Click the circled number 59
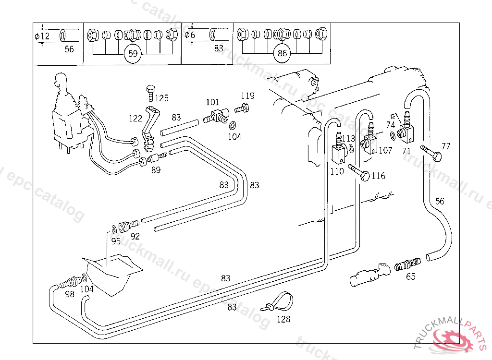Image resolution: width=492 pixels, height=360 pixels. coord(133,53)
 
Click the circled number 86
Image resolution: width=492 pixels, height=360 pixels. coord(282,53)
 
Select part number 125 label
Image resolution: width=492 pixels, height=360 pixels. coord(161,98)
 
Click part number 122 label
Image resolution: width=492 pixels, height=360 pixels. coord(135,118)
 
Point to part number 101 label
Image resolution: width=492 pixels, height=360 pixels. coord(212,102)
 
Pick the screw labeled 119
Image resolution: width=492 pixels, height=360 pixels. coord(243,108)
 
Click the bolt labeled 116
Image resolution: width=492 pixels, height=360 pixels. coord(358,172)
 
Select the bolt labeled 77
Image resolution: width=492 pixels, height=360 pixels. coord(430,153)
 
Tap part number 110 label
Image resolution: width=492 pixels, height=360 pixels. coord(337,171)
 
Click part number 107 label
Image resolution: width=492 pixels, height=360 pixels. coord(385,150)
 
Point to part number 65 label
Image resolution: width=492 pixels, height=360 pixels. coord(411,276)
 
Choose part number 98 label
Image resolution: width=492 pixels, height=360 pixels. coord(70,294)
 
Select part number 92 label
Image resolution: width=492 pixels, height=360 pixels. coord(135,236)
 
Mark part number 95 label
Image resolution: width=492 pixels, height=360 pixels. coord(116,241)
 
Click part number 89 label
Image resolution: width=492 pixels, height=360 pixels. coord(156,169)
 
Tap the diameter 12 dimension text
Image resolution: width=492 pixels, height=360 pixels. coord(42,36)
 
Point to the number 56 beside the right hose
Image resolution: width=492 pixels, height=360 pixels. coord(440,201)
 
